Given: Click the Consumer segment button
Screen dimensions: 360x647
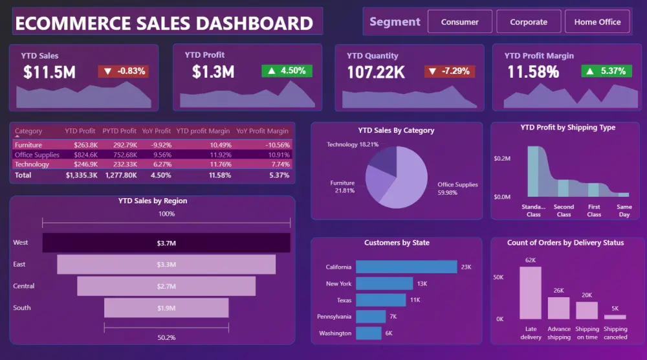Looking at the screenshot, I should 459,22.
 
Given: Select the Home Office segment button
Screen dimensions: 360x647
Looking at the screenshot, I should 597,22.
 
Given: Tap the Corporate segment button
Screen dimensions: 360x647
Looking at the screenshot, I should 528,22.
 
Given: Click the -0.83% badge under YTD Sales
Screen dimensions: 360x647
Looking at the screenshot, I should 124,71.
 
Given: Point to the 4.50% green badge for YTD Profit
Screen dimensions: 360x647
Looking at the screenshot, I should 287,71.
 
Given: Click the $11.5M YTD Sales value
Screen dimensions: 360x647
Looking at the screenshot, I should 50,73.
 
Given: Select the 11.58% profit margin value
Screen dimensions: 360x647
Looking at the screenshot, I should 532,72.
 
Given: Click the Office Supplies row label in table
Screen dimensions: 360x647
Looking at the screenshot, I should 37,155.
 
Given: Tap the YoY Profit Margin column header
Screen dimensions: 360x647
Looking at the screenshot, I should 262,131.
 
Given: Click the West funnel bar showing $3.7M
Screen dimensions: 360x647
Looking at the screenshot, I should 166,243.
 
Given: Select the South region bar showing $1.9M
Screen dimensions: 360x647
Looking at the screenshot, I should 166,308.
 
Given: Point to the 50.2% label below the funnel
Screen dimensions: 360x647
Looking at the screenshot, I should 166,338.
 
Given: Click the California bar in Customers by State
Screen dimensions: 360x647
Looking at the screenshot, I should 406,267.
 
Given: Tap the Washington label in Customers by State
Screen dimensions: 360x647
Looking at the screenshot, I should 335,333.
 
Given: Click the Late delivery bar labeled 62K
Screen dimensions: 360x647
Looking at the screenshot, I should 531,293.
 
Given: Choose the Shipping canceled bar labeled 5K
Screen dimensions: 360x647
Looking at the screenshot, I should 615,317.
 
